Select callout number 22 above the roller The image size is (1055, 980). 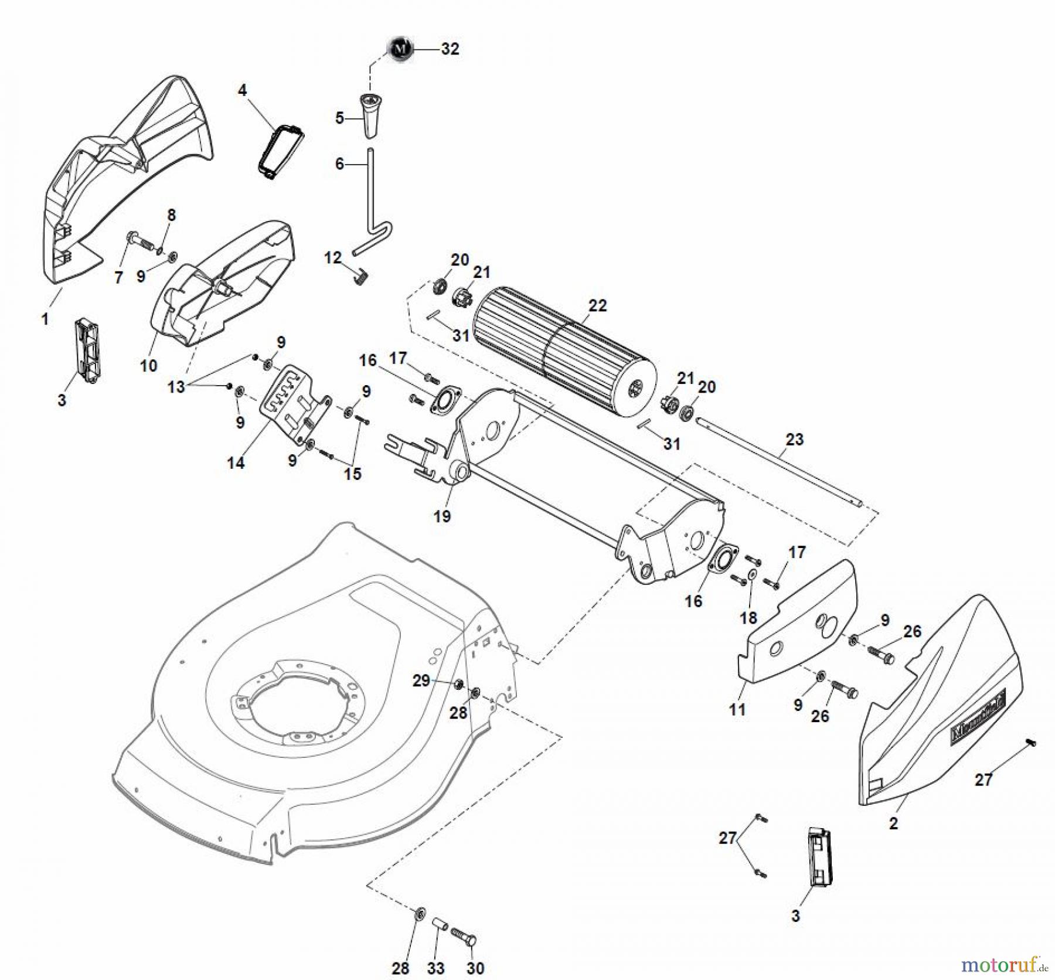[x=597, y=305]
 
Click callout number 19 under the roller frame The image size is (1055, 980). [x=442, y=516]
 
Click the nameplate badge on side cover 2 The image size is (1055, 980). [x=976, y=724]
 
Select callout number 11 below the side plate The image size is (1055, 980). [x=737, y=709]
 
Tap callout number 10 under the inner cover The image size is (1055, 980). [x=148, y=366]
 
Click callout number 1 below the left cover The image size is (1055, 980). [x=45, y=319]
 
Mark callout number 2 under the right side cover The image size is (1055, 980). [x=893, y=824]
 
